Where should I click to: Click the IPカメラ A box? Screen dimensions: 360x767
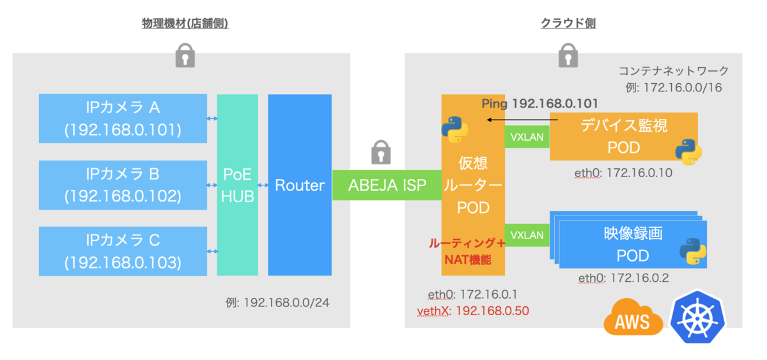click(x=123, y=119)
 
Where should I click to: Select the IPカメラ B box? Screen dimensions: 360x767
click(x=123, y=185)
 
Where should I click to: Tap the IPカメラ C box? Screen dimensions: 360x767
click(x=123, y=251)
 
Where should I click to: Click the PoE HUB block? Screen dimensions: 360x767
click(x=237, y=185)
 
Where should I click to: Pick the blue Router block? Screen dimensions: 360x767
click(x=299, y=185)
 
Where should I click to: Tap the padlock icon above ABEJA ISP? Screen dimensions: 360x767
click(x=380, y=154)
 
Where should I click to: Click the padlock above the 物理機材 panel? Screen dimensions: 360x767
click(x=185, y=56)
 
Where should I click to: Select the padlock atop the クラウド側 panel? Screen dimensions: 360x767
click(x=568, y=56)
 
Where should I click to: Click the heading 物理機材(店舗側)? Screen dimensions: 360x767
click(x=185, y=24)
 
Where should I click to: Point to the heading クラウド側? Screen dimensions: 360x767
click(x=568, y=24)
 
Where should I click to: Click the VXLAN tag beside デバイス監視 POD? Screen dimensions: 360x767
click(x=527, y=136)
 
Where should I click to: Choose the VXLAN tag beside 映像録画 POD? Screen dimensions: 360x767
click(x=527, y=235)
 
